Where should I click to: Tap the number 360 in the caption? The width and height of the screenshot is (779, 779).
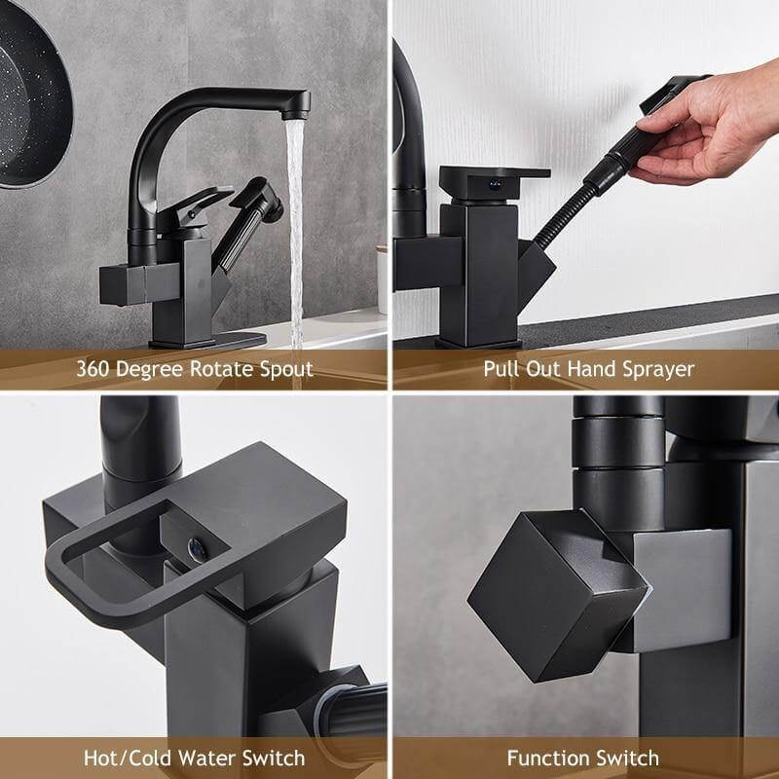[x=94, y=369]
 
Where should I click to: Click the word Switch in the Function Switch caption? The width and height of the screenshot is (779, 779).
[x=628, y=758]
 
